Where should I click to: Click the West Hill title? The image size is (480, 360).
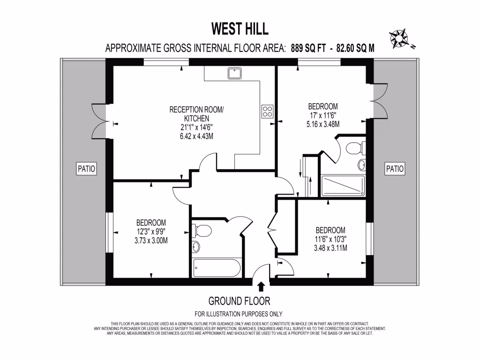point(240,29)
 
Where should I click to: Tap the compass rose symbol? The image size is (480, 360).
point(400,37)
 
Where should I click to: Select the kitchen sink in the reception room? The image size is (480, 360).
point(234,73)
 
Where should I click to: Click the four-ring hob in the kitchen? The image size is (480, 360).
point(267,112)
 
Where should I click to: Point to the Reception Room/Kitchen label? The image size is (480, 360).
point(196,114)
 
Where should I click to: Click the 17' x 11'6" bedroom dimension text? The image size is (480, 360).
point(322,115)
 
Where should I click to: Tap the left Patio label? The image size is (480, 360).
point(86,168)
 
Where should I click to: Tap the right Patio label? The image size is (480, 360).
point(394,168)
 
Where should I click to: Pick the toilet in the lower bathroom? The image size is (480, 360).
point(202,230)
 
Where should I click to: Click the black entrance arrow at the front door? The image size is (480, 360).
point(261,286)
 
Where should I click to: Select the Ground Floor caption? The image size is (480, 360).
point(239,301)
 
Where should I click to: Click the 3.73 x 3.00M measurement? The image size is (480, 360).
point(151,240)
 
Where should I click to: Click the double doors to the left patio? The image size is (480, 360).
point(99,121)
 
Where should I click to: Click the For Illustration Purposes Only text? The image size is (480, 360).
point(239,314)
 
